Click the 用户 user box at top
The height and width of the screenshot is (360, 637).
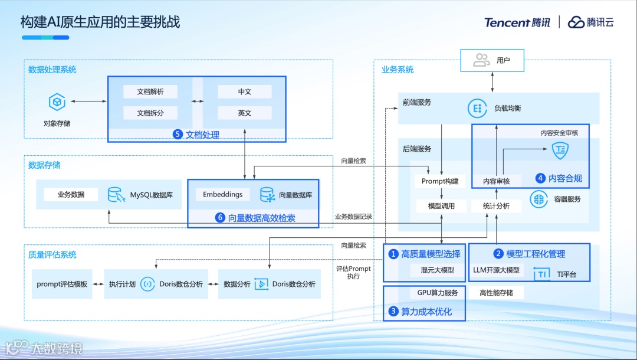[x=492, y=60]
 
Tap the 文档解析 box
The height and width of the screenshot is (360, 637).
[x=150, y=92]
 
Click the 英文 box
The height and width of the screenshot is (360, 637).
[x=244, y=113]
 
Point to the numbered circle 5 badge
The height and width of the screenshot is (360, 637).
[x=178, y=135]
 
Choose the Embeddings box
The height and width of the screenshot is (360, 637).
[x=222, y=195]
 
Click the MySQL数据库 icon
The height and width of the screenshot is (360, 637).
[x=116, y=195]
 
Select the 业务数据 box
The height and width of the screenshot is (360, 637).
[x=71, y=195]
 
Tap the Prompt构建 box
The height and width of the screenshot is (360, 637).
[x=440, y=181]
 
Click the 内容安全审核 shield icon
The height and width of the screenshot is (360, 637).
[x=559, y=150]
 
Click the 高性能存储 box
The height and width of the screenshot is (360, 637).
[x=496, y=293]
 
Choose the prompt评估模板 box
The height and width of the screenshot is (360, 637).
[x=62, y=284]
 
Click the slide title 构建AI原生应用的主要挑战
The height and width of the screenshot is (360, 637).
[x=100, y=22]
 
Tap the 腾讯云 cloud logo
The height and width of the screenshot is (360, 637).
[x=576, y=22]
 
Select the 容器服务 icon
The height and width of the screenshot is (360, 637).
[x=539, y=199]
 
